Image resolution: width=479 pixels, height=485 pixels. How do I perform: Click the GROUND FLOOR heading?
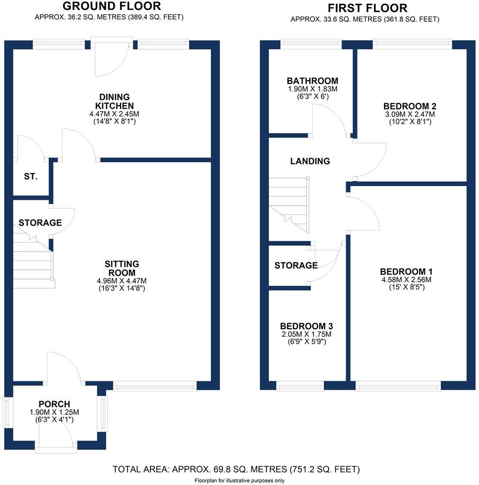(x=111, y=6)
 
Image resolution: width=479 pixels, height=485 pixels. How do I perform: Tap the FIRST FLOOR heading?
(x=367, y=8)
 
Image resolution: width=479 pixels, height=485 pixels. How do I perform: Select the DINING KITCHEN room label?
(x=114, y=101)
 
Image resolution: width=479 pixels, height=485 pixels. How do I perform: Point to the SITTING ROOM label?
(x=121, y=268)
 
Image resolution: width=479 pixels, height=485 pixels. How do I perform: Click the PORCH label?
(x=54, y=404)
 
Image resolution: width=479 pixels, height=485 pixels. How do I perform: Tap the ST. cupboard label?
(x=30, y=177)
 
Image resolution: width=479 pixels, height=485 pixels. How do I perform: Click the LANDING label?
(x=310, y=161)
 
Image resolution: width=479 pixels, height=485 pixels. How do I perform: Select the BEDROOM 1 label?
(x=406, y=272)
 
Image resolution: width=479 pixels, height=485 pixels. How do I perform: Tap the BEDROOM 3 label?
(x=306, y=326)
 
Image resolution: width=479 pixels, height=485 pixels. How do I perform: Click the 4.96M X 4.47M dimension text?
(x=121, y=280)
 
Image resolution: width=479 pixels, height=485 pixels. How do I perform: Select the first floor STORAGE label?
(x=296, y=266)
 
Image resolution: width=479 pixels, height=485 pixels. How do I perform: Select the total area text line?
(x=236, y=470)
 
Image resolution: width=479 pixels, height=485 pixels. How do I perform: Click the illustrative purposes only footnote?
(x=239, y=480)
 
